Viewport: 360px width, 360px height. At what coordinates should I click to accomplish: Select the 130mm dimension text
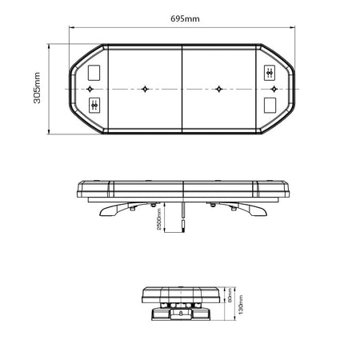pyautogui.click(x=239, y=304)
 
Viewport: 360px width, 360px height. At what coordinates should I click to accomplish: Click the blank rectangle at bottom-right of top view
pyautogui.click(x=270, y=104)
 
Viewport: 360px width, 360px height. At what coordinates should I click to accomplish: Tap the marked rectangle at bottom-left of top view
pyautogui.click(x=95, y=104)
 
